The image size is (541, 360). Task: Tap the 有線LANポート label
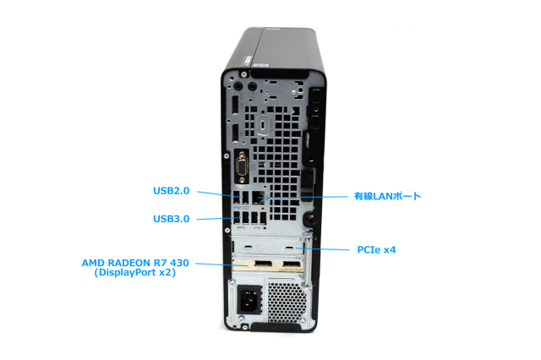point(386,196)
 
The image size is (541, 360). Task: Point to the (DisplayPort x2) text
point(134,273)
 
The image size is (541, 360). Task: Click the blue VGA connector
point(241,167)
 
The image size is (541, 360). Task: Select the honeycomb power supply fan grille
point(285,299)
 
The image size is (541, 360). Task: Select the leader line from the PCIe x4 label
point(330,250)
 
